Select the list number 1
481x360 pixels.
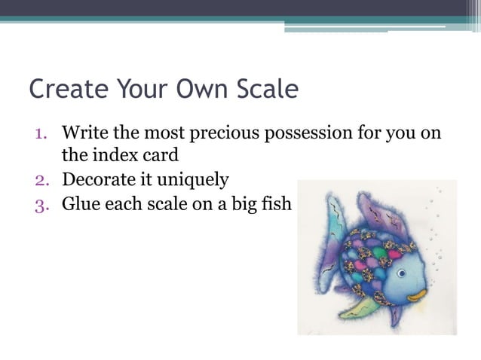click(41, 134)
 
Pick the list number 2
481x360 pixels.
click(41, 181)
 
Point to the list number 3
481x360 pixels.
click(41, 203)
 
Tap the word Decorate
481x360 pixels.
click(98, 181)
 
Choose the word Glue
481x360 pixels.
click(80, 203)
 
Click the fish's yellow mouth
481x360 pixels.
click(418, 297)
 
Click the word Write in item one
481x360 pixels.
click(84, 134)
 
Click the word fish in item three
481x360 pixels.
click(275, 203)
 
